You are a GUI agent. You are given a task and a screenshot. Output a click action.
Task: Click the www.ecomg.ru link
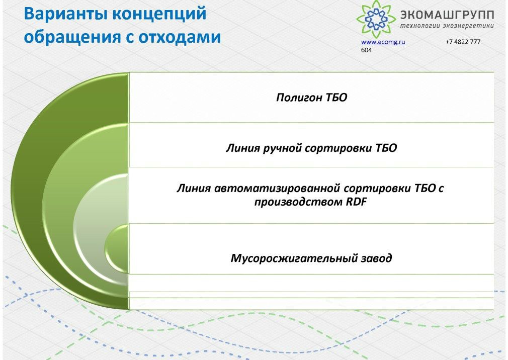tap(383, 42)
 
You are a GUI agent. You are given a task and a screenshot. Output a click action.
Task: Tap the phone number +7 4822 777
tap(463, 42)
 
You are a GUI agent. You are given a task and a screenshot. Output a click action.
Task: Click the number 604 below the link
tap(367, 50)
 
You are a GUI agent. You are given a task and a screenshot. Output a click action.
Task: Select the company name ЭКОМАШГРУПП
tap(447, 15)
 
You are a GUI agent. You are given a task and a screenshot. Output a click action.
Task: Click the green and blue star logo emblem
tap(376, 19)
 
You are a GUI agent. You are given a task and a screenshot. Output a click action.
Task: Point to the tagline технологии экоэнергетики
tap(447, 26)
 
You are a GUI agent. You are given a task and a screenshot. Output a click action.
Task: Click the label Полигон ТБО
tap(311, 98)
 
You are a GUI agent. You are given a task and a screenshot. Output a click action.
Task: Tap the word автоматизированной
tap(277, 189)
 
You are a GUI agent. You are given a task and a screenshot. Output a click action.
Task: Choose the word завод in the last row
tap(376, 258)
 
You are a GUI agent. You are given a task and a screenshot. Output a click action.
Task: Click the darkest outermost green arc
tap(29, 191)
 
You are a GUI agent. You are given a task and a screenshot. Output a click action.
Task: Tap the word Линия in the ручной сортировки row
tap(242, 148)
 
